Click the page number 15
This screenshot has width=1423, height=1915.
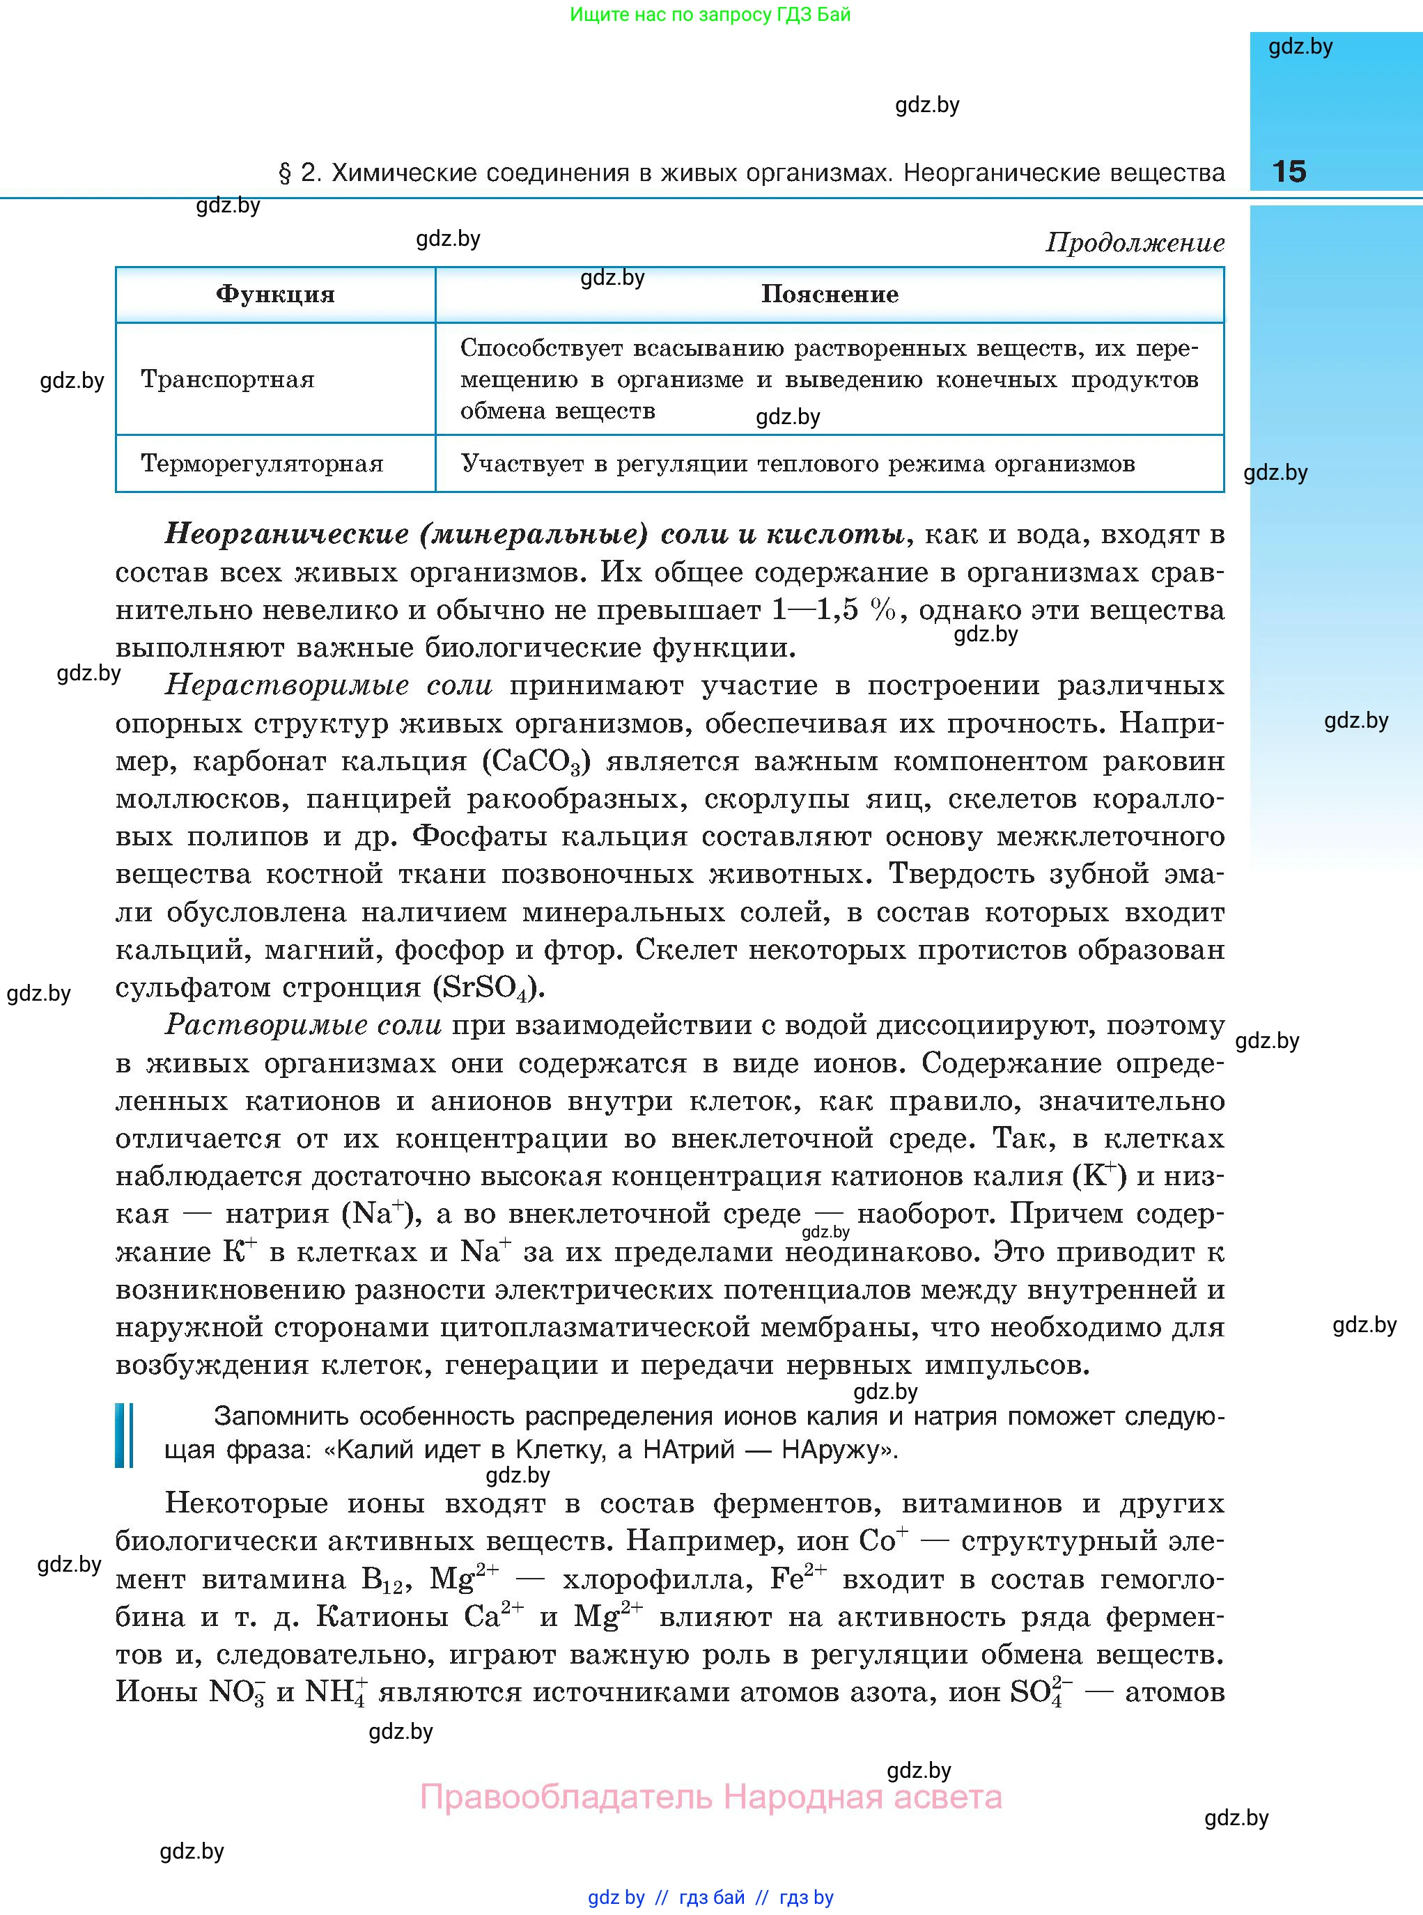click(x=1289, y=171)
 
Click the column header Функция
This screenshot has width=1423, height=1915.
click(x=275, y=295)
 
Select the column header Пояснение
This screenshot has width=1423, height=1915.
click(x=830, y=295)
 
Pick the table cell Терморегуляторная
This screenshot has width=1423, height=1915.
click(x=262, y=463)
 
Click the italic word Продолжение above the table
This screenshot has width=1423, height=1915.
click(x=1135, y=243)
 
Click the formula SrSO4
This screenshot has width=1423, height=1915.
click(x=488, y=987)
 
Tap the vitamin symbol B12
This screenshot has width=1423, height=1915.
click(x=382, y=1579)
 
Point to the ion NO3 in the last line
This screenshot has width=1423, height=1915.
click(x=237, y=1692)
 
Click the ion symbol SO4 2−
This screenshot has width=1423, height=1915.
click(x=1041, y=1692)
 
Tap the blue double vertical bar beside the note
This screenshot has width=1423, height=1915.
click(x=124, y=1435)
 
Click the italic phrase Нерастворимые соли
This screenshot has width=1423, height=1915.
click(x=328, y=685)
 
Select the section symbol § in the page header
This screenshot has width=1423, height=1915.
click(x=285, y=173)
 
